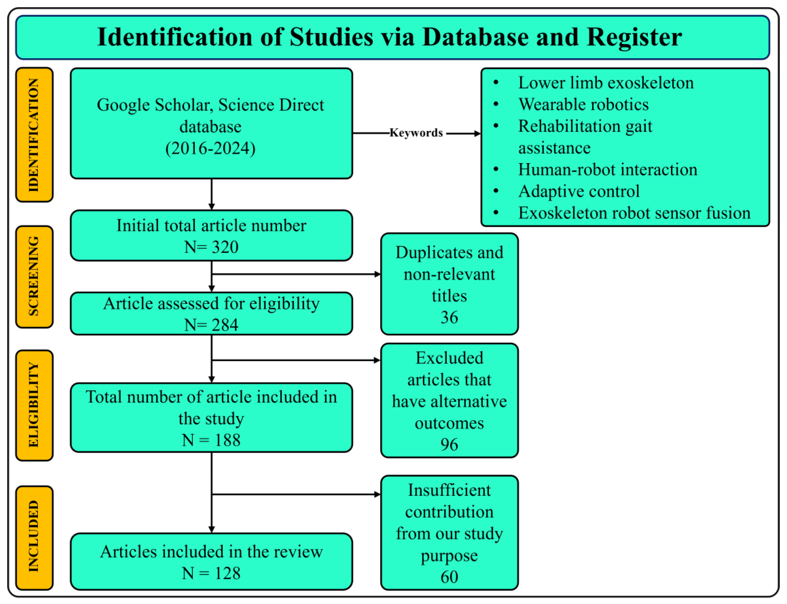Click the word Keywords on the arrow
click(x=416, y=133)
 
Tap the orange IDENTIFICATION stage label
click(x=34, y=135)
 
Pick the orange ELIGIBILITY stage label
click(x=34, y=405)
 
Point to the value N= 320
click(x=211, y=247)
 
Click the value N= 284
click(x=211, y=325)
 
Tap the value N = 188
click(x=211, y=440)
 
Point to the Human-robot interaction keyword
click(x=607, y=170)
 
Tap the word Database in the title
click(x=475, y=37)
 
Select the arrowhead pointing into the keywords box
click(x=477, y=133)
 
